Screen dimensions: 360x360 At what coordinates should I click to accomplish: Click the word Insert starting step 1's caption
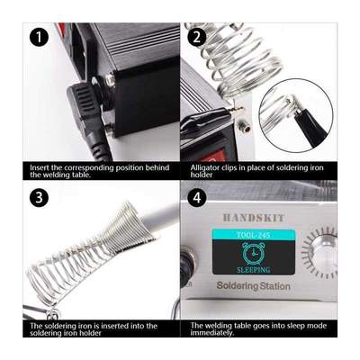40,166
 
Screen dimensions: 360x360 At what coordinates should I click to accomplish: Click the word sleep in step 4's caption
277,325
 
